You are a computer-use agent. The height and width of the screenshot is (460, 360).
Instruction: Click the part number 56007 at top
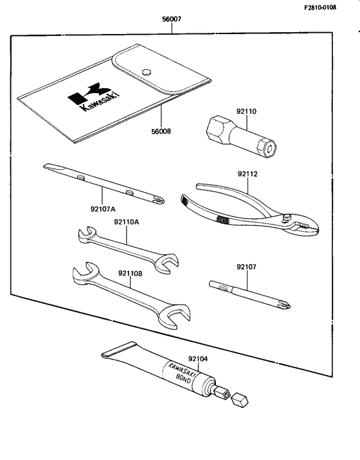point(172,19)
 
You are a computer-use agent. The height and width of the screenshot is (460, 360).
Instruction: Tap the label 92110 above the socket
point(246,111)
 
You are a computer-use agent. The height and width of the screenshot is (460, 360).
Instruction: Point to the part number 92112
point(248,173)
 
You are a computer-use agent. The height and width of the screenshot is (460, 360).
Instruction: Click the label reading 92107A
point(103,208)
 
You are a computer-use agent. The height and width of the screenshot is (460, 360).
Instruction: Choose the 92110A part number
point(127,222)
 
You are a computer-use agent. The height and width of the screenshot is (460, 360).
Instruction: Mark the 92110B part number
point(131,273)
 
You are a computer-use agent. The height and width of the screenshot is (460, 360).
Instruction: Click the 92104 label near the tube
point(199,360)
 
